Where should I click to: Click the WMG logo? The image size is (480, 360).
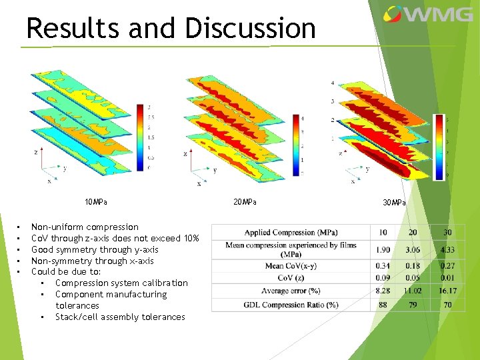tap(427, 15)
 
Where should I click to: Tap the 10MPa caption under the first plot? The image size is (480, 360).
tap(96, 202)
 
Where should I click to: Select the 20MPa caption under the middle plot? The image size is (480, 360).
tap(245, 202)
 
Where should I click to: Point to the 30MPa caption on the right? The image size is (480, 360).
tap(394, 203)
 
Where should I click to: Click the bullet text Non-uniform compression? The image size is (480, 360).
tap(85, 227)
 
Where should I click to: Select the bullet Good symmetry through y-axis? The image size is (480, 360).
tap(95, 250)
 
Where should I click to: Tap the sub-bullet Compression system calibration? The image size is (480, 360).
tap(121, 283)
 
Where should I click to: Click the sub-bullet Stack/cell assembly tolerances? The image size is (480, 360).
tap(120, 317)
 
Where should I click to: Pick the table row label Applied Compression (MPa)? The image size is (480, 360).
tap(291, 233)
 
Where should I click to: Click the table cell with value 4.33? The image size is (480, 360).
tap(447, 250)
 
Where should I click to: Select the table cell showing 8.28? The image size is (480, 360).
tap(383, 291)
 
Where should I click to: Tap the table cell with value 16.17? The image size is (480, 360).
tap(447, 291)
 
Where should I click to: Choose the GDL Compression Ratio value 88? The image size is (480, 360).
tap(383, 305)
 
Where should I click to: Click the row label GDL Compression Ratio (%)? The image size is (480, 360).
tap(291, 305)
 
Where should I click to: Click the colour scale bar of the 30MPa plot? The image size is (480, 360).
tap(439, 147)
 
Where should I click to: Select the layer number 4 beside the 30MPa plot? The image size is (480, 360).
tap(333, 83)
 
